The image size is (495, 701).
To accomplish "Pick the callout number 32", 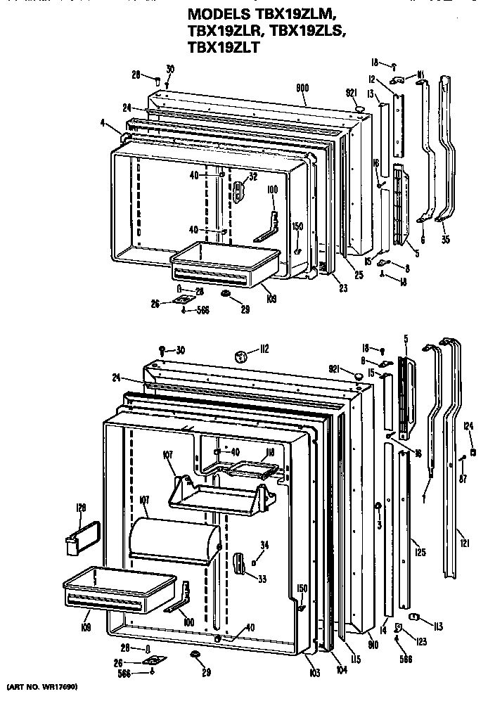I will click(x=252, y=177).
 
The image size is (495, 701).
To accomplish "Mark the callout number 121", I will click(x=465, y=542).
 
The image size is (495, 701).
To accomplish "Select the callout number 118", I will click(x=269, y=452).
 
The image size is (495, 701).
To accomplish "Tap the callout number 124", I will click(x=468, y=424).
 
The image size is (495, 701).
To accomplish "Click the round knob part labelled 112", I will click(x=243, y=357).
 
